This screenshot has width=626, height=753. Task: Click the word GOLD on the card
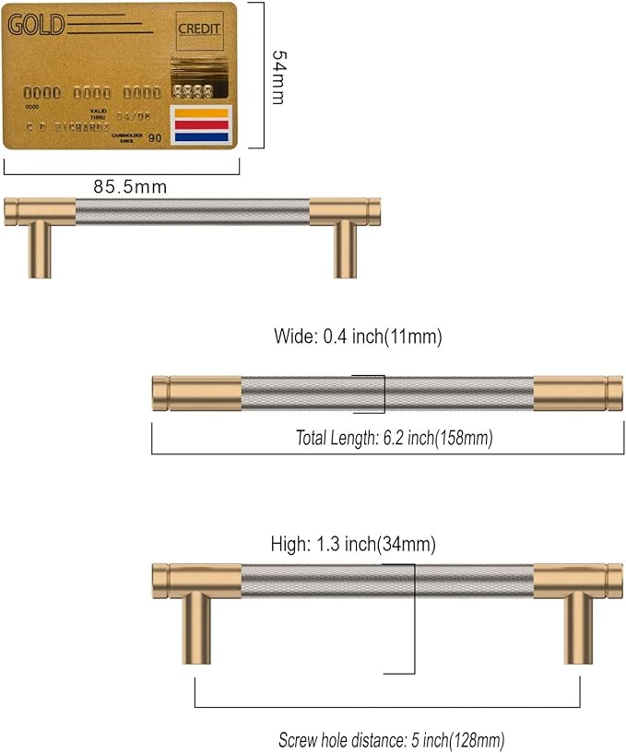37,25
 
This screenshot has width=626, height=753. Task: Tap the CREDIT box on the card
198,29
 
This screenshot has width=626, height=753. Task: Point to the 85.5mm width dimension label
130,186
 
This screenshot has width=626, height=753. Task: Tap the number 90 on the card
154,138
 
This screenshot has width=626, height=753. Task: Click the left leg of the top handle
40,250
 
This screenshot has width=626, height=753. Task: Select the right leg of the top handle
345,250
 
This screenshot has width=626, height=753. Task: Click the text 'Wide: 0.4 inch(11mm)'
358,337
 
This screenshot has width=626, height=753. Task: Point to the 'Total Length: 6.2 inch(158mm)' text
394,439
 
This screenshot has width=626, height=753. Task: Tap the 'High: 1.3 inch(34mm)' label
353,544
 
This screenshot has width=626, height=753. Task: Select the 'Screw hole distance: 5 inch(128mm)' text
392,740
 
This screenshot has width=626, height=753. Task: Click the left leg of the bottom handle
195,627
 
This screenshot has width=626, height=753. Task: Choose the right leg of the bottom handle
578,627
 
